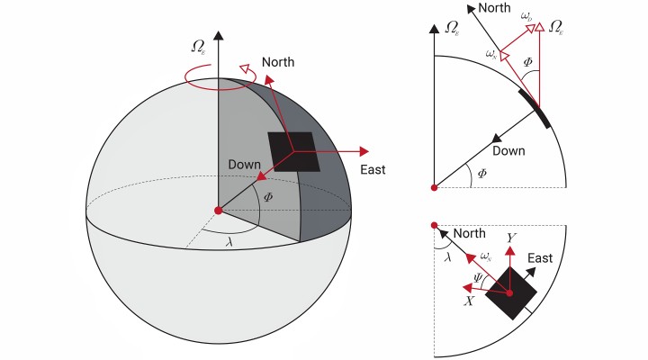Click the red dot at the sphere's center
(218, 210)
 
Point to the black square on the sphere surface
(294, 151)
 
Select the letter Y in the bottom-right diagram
(510, 238)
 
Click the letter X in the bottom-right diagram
(469, 301)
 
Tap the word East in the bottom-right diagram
(540, 257)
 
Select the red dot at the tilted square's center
(510, 292)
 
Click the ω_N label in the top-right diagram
(491, 54)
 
